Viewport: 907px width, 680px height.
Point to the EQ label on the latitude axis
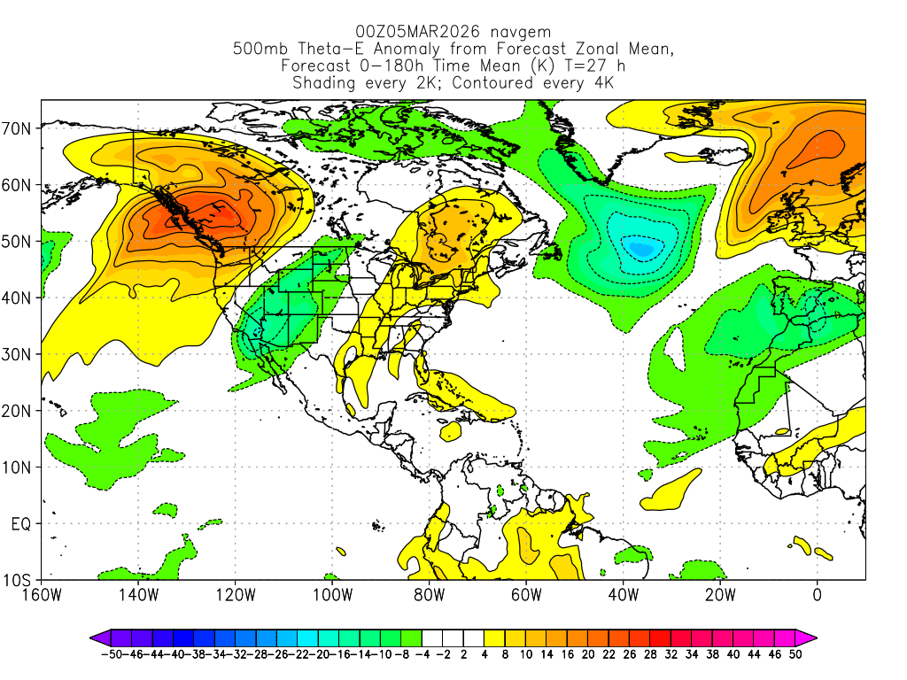(22, 524)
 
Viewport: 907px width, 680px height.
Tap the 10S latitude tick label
(19, 581)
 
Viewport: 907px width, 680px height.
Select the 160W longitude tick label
(43, 595)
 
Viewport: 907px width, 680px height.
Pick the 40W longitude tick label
(624, 595)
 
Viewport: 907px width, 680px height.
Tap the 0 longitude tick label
(817, 595)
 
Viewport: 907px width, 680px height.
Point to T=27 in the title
(562, 66)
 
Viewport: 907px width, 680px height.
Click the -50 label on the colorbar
(111, 654)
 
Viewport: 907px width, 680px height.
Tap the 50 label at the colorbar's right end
(796, 654)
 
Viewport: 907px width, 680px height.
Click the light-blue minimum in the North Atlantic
(640, 247)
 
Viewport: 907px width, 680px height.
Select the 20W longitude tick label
(720, 595)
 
